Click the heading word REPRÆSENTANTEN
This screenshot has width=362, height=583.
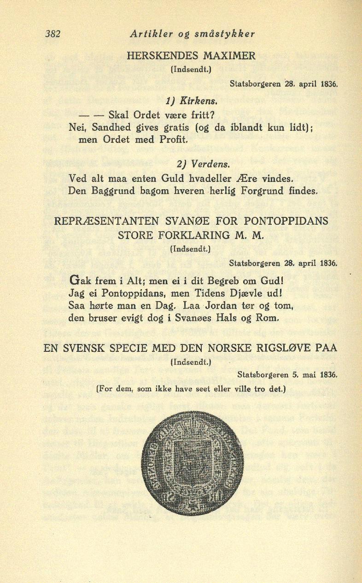click(x=109, y=221)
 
